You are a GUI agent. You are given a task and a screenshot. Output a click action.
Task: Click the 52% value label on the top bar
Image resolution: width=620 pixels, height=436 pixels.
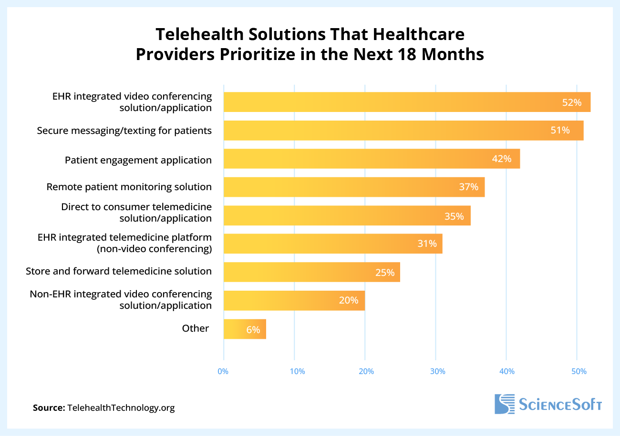[x=572, y=102]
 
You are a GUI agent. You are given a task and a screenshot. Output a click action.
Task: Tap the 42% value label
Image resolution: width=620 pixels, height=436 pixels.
[x=502, y=159]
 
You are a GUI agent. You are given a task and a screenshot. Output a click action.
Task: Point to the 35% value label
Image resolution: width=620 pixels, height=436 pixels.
[x=454, y=216]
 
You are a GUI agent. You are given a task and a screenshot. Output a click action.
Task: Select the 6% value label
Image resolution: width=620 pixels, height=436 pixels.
[x=253, y=329]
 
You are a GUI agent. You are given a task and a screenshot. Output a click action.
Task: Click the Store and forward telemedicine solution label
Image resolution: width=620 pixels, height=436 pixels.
[x=119, y=271]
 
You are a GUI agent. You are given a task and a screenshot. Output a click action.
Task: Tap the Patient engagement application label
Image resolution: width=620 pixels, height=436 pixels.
[x=138, y=160]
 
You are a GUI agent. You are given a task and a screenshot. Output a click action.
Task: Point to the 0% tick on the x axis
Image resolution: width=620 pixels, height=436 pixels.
[x=223, y=371]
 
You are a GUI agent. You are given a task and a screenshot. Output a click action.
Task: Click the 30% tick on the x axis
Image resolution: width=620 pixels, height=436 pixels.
[x=437, y=371]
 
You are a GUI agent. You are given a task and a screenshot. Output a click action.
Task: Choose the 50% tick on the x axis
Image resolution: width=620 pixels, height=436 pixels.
[x=579, y=371]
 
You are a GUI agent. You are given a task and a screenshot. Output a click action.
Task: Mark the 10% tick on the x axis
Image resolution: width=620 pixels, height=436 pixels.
[x=297, y=371]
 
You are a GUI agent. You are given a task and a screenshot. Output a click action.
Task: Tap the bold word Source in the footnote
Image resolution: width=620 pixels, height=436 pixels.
[x=49, y=408]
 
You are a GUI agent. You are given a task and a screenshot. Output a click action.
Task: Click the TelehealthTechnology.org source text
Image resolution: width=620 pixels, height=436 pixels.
[x=121, y=408]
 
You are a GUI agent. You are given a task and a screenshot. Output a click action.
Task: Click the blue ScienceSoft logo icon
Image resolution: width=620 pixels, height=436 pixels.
[x=505, y=404]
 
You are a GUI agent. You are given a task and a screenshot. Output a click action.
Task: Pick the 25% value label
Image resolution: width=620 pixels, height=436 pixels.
[x=385, y=273]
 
